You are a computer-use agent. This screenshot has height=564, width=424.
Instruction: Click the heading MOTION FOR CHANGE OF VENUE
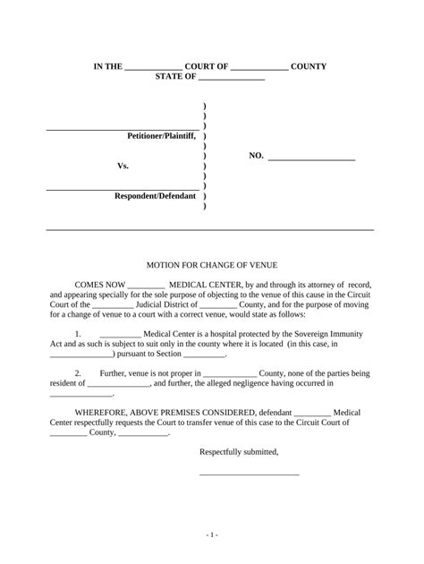point(212,266)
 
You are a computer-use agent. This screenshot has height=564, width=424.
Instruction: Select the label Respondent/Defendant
point(155,195)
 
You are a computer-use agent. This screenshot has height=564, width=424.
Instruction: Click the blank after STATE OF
point(232,77)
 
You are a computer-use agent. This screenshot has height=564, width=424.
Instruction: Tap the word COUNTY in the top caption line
point(309,66)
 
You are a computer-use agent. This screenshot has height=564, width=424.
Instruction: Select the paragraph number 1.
point(78,334)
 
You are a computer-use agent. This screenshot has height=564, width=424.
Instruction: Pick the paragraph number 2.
point(78,373)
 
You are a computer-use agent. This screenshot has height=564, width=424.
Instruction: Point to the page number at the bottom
point(211,534)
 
